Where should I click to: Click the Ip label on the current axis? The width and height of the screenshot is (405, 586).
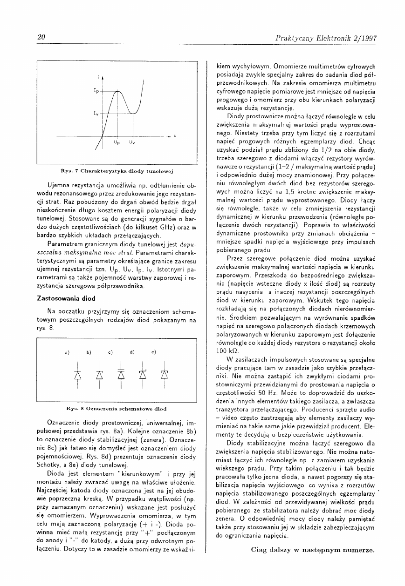(96, 92)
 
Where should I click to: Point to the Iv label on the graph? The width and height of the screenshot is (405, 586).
(96, 113)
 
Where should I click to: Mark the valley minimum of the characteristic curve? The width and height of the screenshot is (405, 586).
(134, 113)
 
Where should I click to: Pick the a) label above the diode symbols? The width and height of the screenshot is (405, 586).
(67, 352)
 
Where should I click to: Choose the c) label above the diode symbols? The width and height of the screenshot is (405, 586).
(110, 352)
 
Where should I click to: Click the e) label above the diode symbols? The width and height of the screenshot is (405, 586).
(153, 352)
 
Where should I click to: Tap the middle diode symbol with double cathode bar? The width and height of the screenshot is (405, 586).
(121, 374)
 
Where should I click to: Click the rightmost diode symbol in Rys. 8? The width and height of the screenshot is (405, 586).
(164, 374)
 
